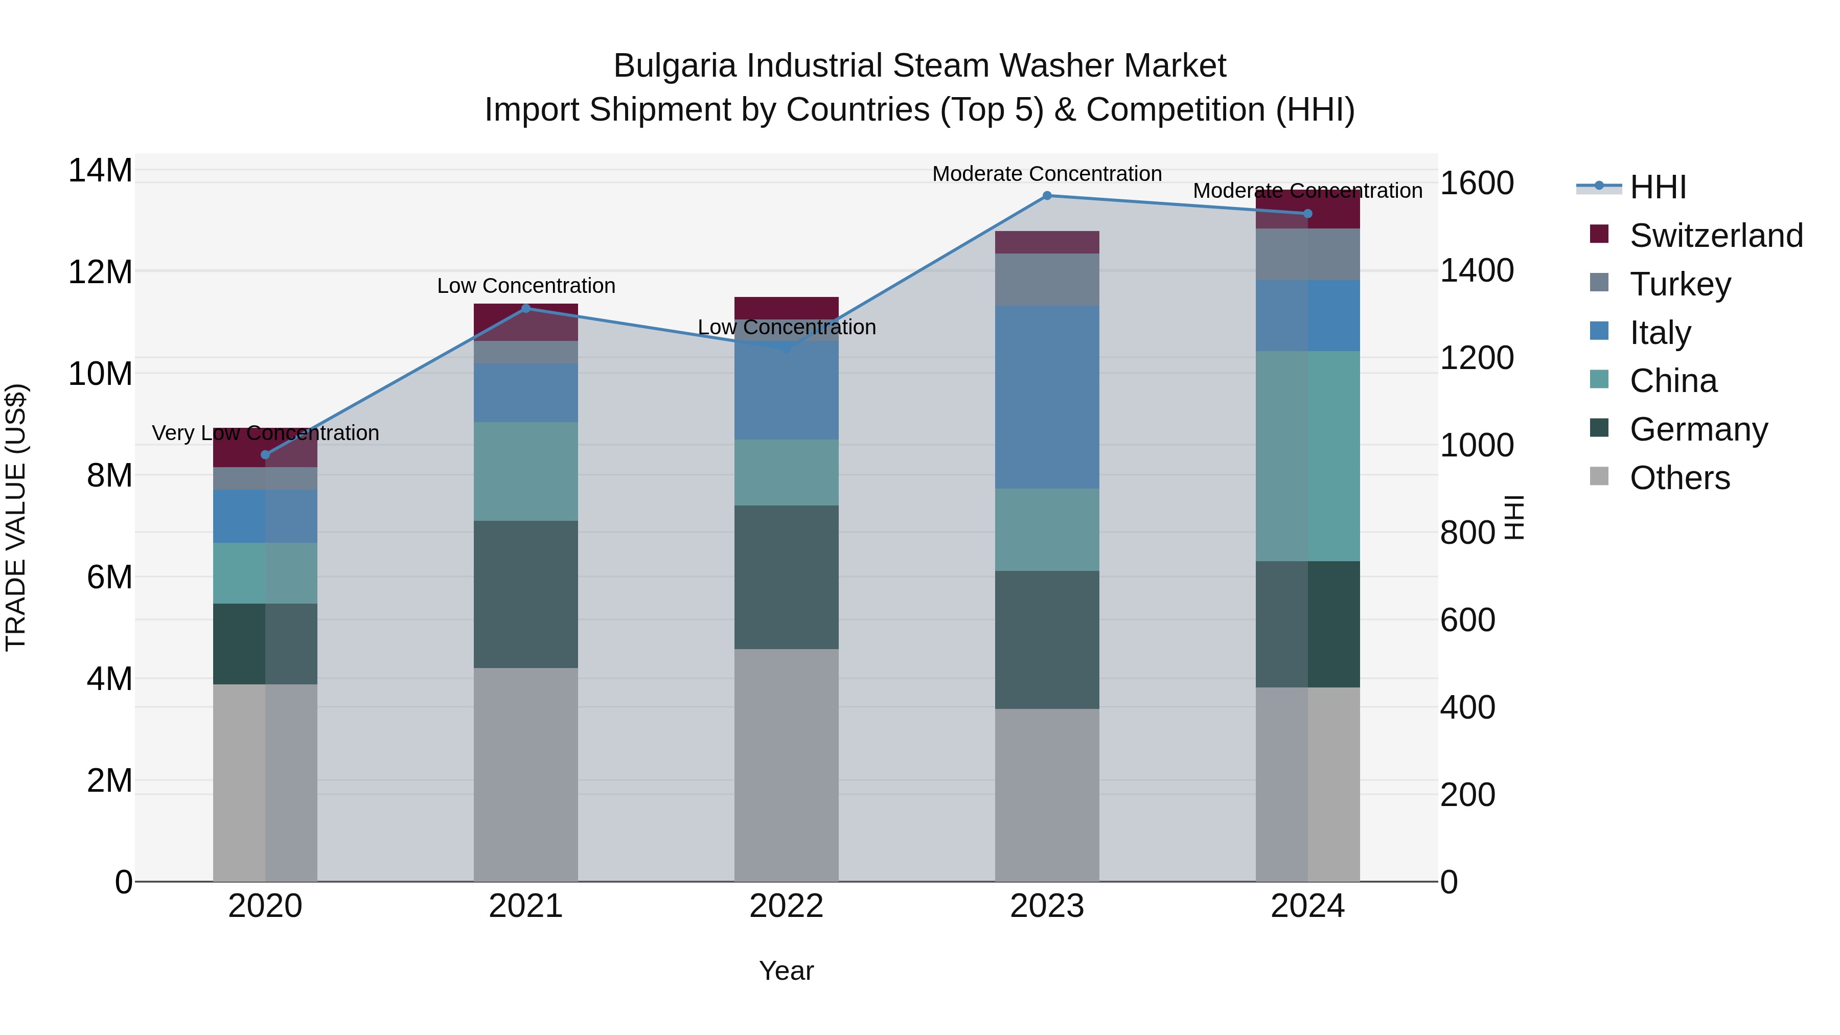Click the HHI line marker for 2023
(1047, 196)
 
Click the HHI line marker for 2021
(526, 309)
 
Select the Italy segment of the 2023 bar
(1047, 397)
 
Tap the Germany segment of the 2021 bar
(526, 594)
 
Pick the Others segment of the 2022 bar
(787, 764)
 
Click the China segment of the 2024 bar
(1308, 456)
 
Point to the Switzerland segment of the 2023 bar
(1047, 242)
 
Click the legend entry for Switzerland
(1716, 236)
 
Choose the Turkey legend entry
(1680, 284)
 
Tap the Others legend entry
(1680, 478)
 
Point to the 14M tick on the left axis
(100, 171)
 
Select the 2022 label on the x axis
(787, 906)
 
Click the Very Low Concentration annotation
(266, 433)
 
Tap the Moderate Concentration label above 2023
(1047, 174)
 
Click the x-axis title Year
(787, 971)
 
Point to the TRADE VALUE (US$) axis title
(16, 517)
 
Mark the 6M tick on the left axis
(109, 577)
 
